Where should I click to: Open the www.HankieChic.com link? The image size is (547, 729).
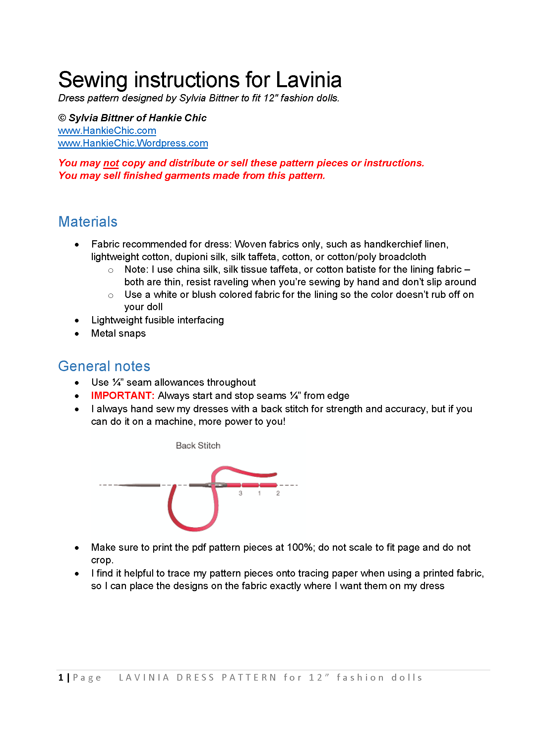[107, 131]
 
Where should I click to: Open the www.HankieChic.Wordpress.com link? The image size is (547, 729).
[133, 143]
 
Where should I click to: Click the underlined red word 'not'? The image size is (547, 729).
[111, 163]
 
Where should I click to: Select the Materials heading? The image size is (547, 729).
[88, 222]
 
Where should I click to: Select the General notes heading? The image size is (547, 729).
[104, 366]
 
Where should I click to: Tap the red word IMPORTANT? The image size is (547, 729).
[123, 396]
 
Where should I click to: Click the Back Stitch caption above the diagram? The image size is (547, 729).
[198, 446]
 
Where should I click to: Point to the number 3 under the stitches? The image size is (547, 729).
[240, 493]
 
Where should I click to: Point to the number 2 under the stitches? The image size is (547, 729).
[278, 493]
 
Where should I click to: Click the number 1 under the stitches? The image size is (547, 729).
[259, 493]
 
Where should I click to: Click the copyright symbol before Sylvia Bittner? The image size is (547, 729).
[62, 118]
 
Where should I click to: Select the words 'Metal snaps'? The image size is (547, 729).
[118, 333]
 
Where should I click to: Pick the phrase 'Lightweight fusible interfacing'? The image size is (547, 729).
[157, 320]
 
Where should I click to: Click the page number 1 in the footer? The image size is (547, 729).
[61, 678]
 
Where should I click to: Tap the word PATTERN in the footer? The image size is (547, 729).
[249, 678]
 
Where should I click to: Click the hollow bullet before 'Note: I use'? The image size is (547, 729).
[111, 270]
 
